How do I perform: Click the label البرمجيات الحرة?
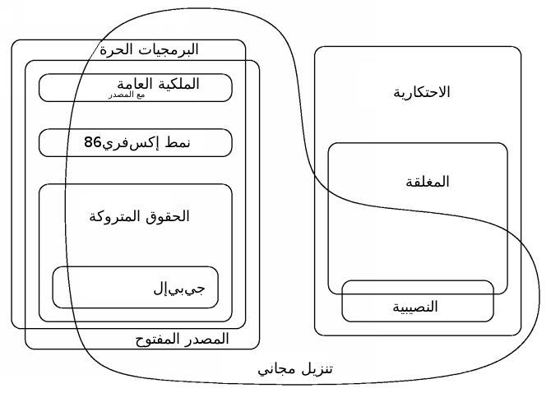[x=150, y=49]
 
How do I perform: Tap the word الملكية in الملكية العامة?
[x=178, y=84]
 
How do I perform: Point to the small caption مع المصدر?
[x=127, y=95]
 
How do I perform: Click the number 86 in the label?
[x=92, y=142]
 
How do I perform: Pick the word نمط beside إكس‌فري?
[x=177, y=143]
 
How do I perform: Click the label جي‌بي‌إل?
[x=179, y=289]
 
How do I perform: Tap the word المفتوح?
[x=159, y=340]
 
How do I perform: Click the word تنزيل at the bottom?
[x=316, y=369]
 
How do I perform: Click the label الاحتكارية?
[x=422, y=92]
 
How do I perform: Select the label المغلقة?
[x=428, y=182]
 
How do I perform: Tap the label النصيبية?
[x=415, y=307]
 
